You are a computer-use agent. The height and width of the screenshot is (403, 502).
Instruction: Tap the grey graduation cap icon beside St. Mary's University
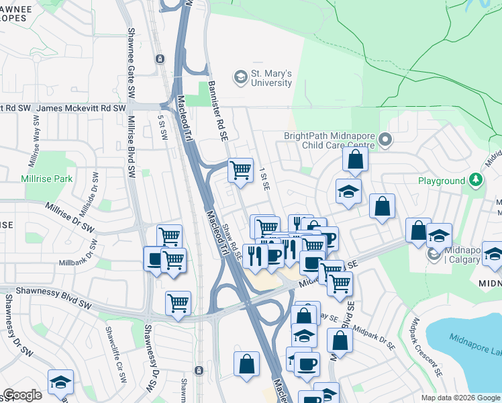(240, 78)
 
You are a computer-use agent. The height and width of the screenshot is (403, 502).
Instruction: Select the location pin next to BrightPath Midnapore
(385, 140)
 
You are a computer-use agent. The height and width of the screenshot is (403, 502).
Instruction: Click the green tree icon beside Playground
(475, 180)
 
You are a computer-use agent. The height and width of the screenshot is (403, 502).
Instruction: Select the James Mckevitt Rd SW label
(81, 108)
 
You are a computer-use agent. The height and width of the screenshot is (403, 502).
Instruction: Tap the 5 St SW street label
(162, 126)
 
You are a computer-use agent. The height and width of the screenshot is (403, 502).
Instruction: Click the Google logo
(22, 395)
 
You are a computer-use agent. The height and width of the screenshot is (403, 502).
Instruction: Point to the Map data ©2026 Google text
(460, 398)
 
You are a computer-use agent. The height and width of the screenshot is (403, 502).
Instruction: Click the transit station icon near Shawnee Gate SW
(160, 59)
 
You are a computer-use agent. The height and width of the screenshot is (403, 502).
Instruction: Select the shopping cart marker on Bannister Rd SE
(240, 169)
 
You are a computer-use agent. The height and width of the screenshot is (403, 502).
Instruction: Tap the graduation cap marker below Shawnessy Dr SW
(60, 382)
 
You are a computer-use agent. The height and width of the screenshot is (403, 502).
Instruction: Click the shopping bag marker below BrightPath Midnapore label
(355, 160)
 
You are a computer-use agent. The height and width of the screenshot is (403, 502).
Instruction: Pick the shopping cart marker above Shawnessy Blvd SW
(178, 302)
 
